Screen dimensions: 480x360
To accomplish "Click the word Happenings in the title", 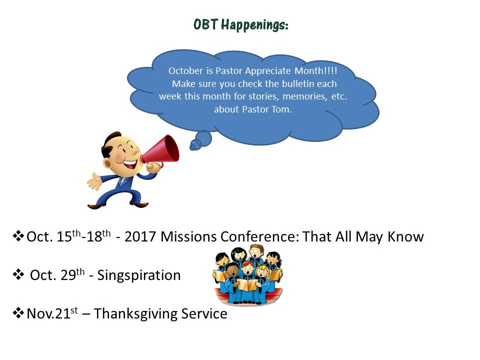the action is [x=254, y=25].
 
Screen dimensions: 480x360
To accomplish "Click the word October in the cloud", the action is [x=185, y=70].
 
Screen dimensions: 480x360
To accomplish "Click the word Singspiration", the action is [x=139, y=275].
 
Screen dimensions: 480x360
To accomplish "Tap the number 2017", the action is [x=140, y=236].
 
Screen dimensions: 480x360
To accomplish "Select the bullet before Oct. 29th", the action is [x=18, y=274].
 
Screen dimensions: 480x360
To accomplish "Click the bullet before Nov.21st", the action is [x=18, y=313].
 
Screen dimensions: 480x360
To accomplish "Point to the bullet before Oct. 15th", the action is [x=18, y=235].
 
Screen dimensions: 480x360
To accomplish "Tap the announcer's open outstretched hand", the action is [x=94, y=182].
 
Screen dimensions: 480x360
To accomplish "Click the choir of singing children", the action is [x=247, y=274].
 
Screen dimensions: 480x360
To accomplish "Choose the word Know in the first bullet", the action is [x=405, y=236].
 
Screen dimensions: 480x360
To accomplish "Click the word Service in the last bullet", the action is [x=204, y=314].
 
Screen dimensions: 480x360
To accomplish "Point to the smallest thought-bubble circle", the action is [x=193, y=147].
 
